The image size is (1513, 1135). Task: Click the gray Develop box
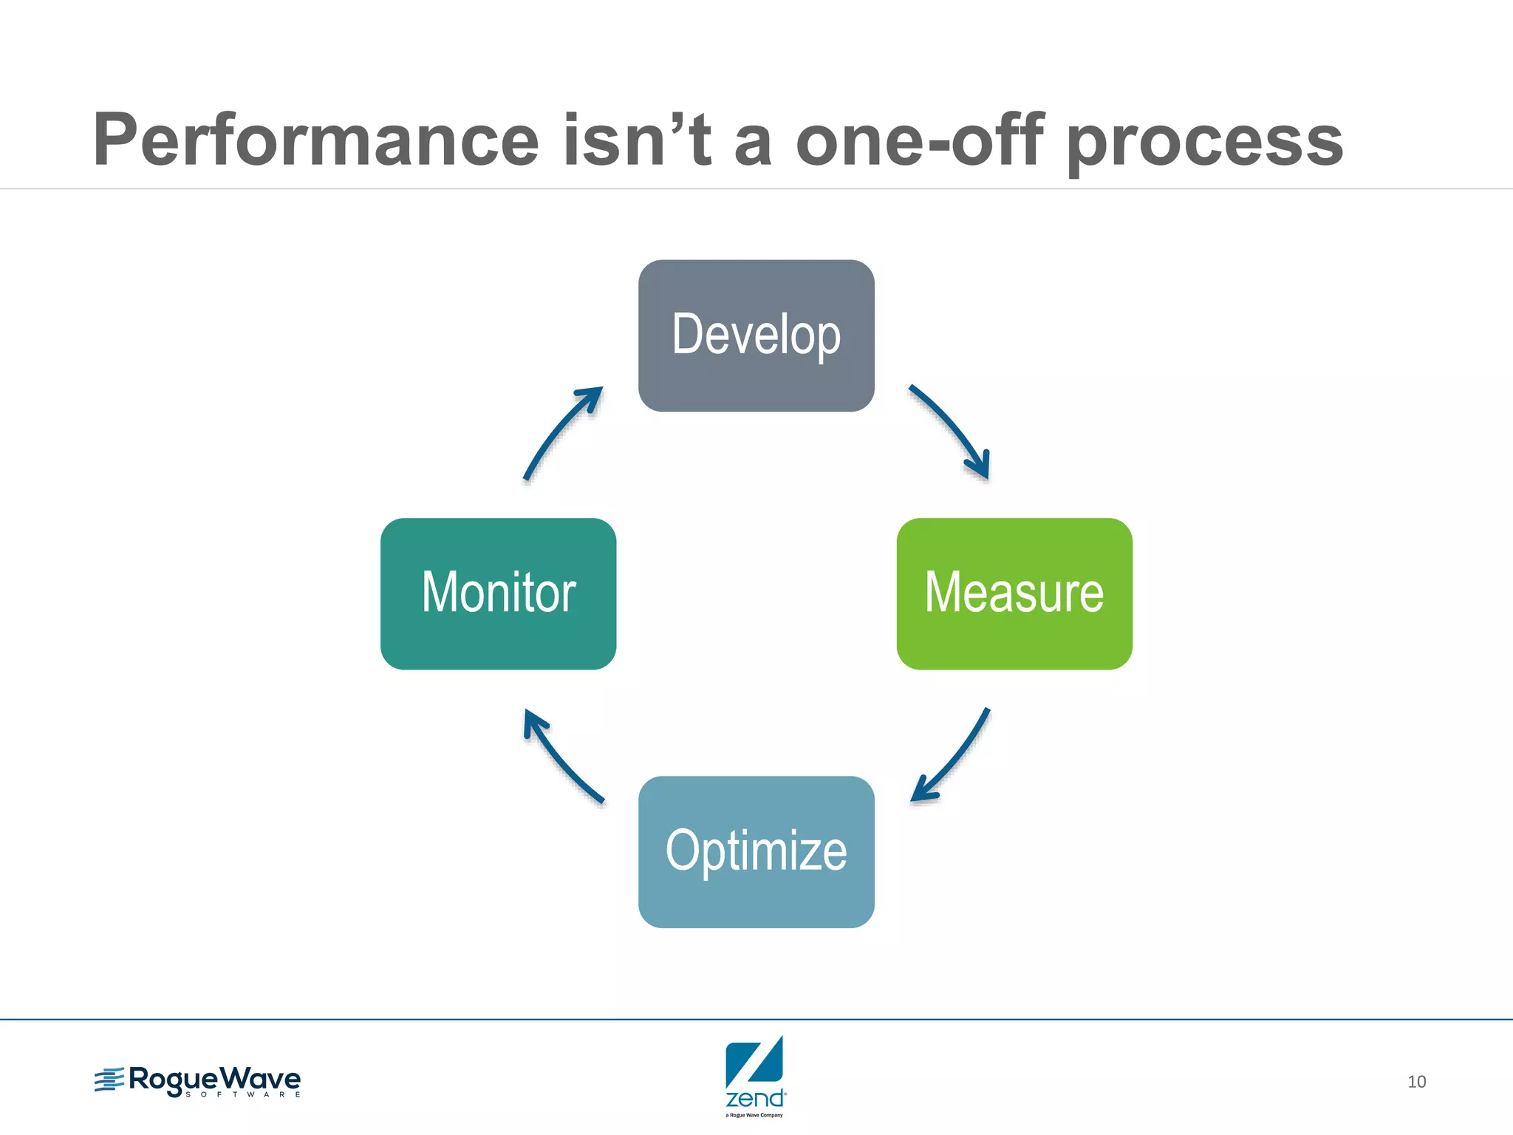[756, 335]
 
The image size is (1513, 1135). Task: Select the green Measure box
[1014, 593]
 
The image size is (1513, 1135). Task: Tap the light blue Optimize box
[756, 851]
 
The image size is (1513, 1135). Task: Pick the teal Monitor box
[498, 593]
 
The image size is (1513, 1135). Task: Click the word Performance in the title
[316, 140]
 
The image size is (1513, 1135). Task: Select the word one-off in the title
[919, 140]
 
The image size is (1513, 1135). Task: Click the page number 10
[1416, 1082]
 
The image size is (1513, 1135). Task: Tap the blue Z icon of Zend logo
[754, 1063]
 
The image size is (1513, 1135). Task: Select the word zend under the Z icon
[754, 1098]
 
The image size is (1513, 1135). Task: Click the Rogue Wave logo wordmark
[214, 1079]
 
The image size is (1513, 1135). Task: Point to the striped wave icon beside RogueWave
[109, 1080]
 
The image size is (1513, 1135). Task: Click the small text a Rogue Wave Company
[754, 1115]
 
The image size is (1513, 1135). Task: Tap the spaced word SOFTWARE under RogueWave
[243, 1095]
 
